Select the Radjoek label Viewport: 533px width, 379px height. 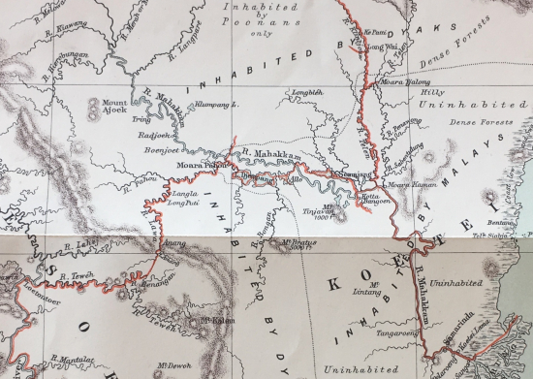(x=156, y=137)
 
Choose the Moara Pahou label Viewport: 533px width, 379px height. (x=199, y=165)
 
